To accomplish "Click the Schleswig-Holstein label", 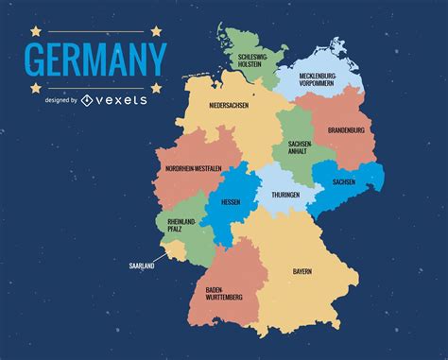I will coord(252,61).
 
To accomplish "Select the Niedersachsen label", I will coord(229,106).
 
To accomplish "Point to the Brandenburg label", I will coord(345,129).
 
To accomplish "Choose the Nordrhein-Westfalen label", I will coord(194,168).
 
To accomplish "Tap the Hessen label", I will coord(231,201).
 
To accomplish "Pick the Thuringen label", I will coord(285,195).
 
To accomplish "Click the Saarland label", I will coord(142,266).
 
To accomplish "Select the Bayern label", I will coord(302,272).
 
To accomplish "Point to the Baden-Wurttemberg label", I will coord(224,293).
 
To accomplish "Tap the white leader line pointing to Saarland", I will coord(161,257).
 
